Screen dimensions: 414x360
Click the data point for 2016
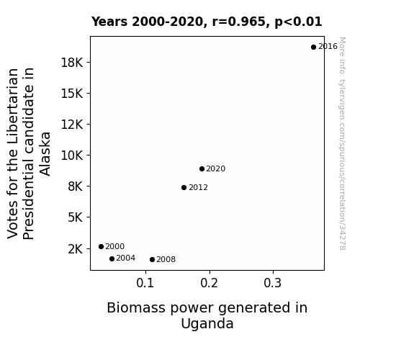(x=313, y=48)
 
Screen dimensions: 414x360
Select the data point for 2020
(x=202, y=168)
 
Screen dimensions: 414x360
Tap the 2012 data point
(x=184, y=187)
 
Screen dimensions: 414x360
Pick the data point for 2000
(x=101, y=246)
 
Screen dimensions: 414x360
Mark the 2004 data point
(x=112, y=259)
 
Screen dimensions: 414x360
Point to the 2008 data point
(x=153, y=260)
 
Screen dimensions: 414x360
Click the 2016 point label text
(x=328, y=47)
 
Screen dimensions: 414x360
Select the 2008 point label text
(x=166, y=260)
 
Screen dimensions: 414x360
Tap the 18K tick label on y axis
(x=72, y=63)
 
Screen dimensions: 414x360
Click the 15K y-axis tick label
(x=72, y=94)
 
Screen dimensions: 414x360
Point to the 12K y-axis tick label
(x=72, y=125)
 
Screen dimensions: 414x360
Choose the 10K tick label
(x=72, y=156)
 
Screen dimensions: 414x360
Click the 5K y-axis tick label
(x=76, y=217)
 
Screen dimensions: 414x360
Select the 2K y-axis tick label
(x=76, y=249)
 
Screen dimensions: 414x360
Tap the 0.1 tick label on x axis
(x=145, y=283)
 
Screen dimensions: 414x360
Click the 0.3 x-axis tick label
(x=273, y=283)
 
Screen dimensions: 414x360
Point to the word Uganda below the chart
(x=207, y=323)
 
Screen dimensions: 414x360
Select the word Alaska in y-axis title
(x=45, y=154)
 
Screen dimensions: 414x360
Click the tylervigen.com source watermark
(x=342, y=143)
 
